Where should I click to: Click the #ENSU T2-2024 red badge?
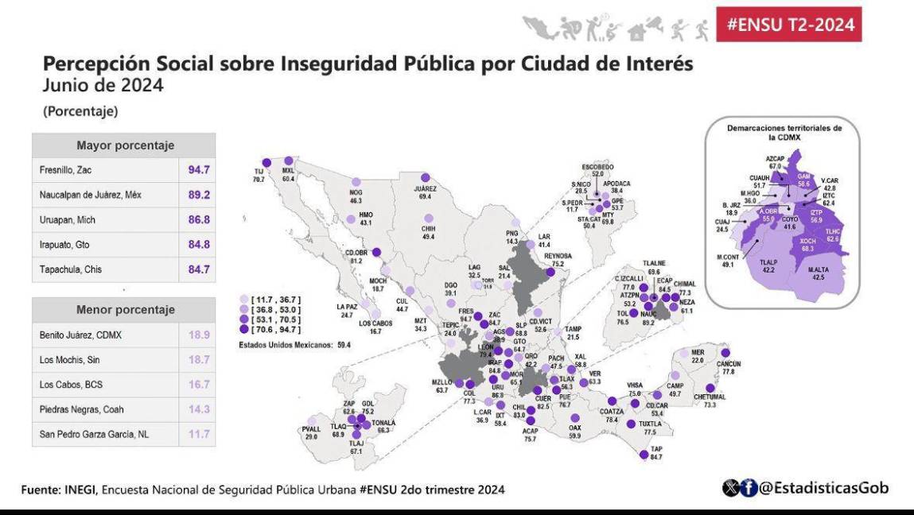[x=789, y=25]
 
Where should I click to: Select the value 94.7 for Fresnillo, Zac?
[x=198, y=170]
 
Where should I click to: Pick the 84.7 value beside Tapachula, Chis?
[x=198, y=269]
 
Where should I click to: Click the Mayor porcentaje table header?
[x=125, y=145]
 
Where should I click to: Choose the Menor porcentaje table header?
[x=125, y=309]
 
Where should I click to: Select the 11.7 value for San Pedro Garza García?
[x=198, y=435]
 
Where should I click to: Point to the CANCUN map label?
[x=707, y=364]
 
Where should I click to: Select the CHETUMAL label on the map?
[x=710, y=397]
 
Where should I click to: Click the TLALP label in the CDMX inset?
[x=768, y=261]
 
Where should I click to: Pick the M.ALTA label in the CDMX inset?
[x=819, y=269]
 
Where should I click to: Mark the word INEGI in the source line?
[x=80, y=490]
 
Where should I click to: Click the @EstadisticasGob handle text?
[x=823, y=488]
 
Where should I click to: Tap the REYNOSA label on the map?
[x=558, y=256]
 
